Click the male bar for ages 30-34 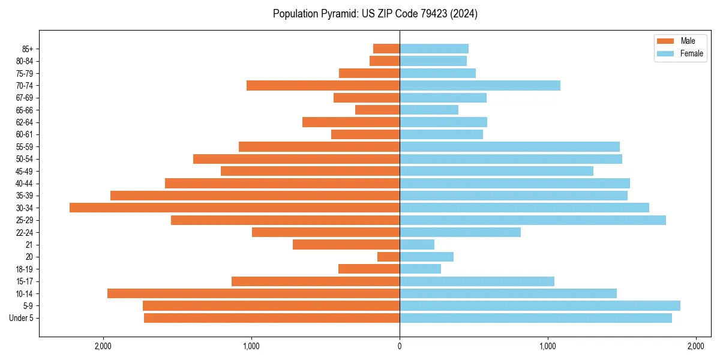coord(235,208)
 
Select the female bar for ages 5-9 coord(540,305)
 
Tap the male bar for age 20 coord(388,257)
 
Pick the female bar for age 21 coord(417,244)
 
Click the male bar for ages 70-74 coord(323,85)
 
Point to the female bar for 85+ coord(434,49)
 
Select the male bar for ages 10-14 coord(253,293)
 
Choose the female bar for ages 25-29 coord(533,220)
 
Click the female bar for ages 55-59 coord(509,146)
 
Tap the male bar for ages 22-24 coord(326,232)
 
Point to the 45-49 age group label coord(25,171)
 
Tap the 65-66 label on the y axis coord(25,110)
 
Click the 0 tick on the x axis coord(400,346)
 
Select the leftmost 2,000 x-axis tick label coord(103,346)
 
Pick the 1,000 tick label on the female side coord(547,346)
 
